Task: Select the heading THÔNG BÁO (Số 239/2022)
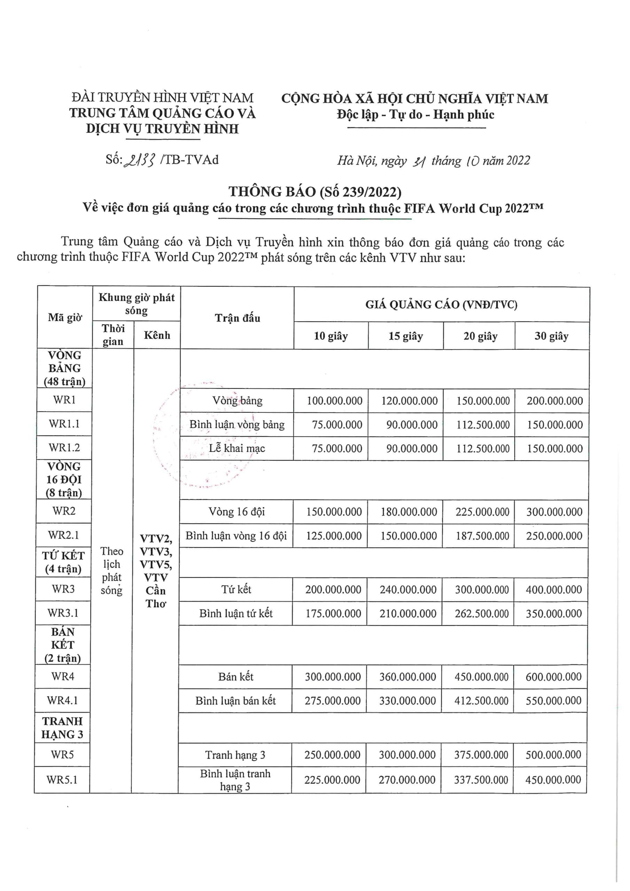(x=315, y=191)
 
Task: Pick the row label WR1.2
(x=64, y=448)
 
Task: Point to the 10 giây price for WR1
(x=334, y=401)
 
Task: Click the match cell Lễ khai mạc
(x=237, y=448)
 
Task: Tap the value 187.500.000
(x=482, y=536)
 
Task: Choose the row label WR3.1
(x=63, y=613)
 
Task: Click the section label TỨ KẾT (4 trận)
(x=63, y=562)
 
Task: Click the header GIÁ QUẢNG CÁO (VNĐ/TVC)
(x=441, y=305)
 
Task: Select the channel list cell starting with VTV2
(x=156, y=570)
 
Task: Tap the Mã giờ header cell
(x=65, y=317)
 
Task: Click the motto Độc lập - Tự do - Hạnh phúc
(x=415, y=115)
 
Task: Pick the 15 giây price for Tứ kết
(x=408, y=590)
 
